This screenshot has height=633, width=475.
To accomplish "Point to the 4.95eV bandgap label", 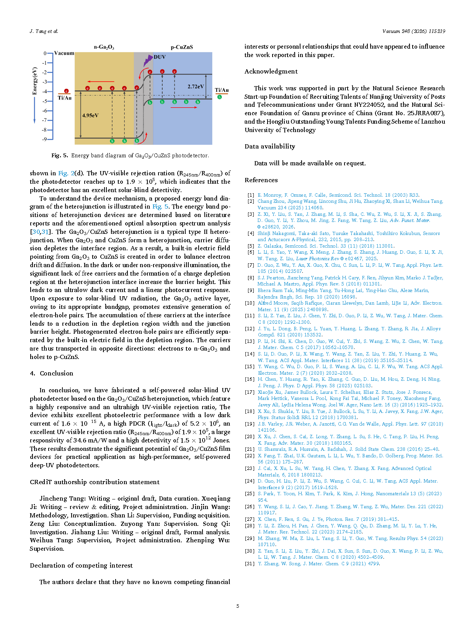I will tap(90, 115).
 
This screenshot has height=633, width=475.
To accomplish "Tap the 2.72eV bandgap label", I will tap(196, 86).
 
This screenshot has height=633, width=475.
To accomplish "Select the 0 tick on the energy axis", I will tap(45, 54).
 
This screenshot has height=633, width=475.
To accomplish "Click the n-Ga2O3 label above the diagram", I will tap(104, 47).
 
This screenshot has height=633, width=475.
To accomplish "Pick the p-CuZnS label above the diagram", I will tap(182, 47).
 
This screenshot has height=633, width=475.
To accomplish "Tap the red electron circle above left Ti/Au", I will tap(66, 91).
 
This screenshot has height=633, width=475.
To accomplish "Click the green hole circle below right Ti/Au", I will tap(219, 97).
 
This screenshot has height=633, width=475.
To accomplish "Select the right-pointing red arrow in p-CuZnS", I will tap(184, 108).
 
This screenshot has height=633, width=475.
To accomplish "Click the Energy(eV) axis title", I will tap(35, 81).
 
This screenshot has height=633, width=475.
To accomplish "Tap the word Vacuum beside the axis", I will tap(64, 53).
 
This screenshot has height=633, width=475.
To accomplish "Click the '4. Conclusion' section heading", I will tap(51, 373).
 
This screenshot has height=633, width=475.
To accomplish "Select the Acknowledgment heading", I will tap(271, 71).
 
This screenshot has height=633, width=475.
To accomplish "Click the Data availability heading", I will tap(270, 146).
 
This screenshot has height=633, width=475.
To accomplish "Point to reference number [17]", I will tap(250, 392).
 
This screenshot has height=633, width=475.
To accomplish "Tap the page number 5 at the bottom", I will tap(238, 606).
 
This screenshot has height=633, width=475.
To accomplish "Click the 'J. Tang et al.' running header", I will tap(44, 31).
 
